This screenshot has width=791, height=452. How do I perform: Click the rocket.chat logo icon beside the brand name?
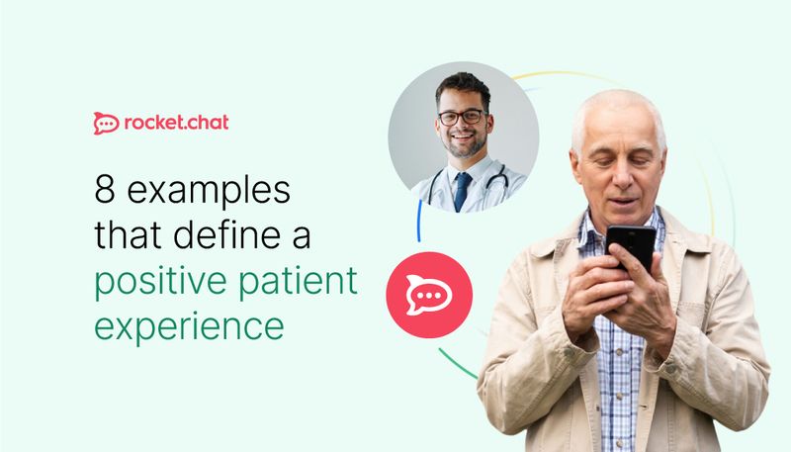click(106, 124)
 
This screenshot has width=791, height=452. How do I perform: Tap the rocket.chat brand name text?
click(176, 124)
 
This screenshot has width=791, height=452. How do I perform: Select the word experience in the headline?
click(189, 328)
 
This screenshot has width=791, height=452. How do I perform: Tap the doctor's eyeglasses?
click(462, 117)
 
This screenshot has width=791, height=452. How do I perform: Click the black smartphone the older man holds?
click(629, 244)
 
